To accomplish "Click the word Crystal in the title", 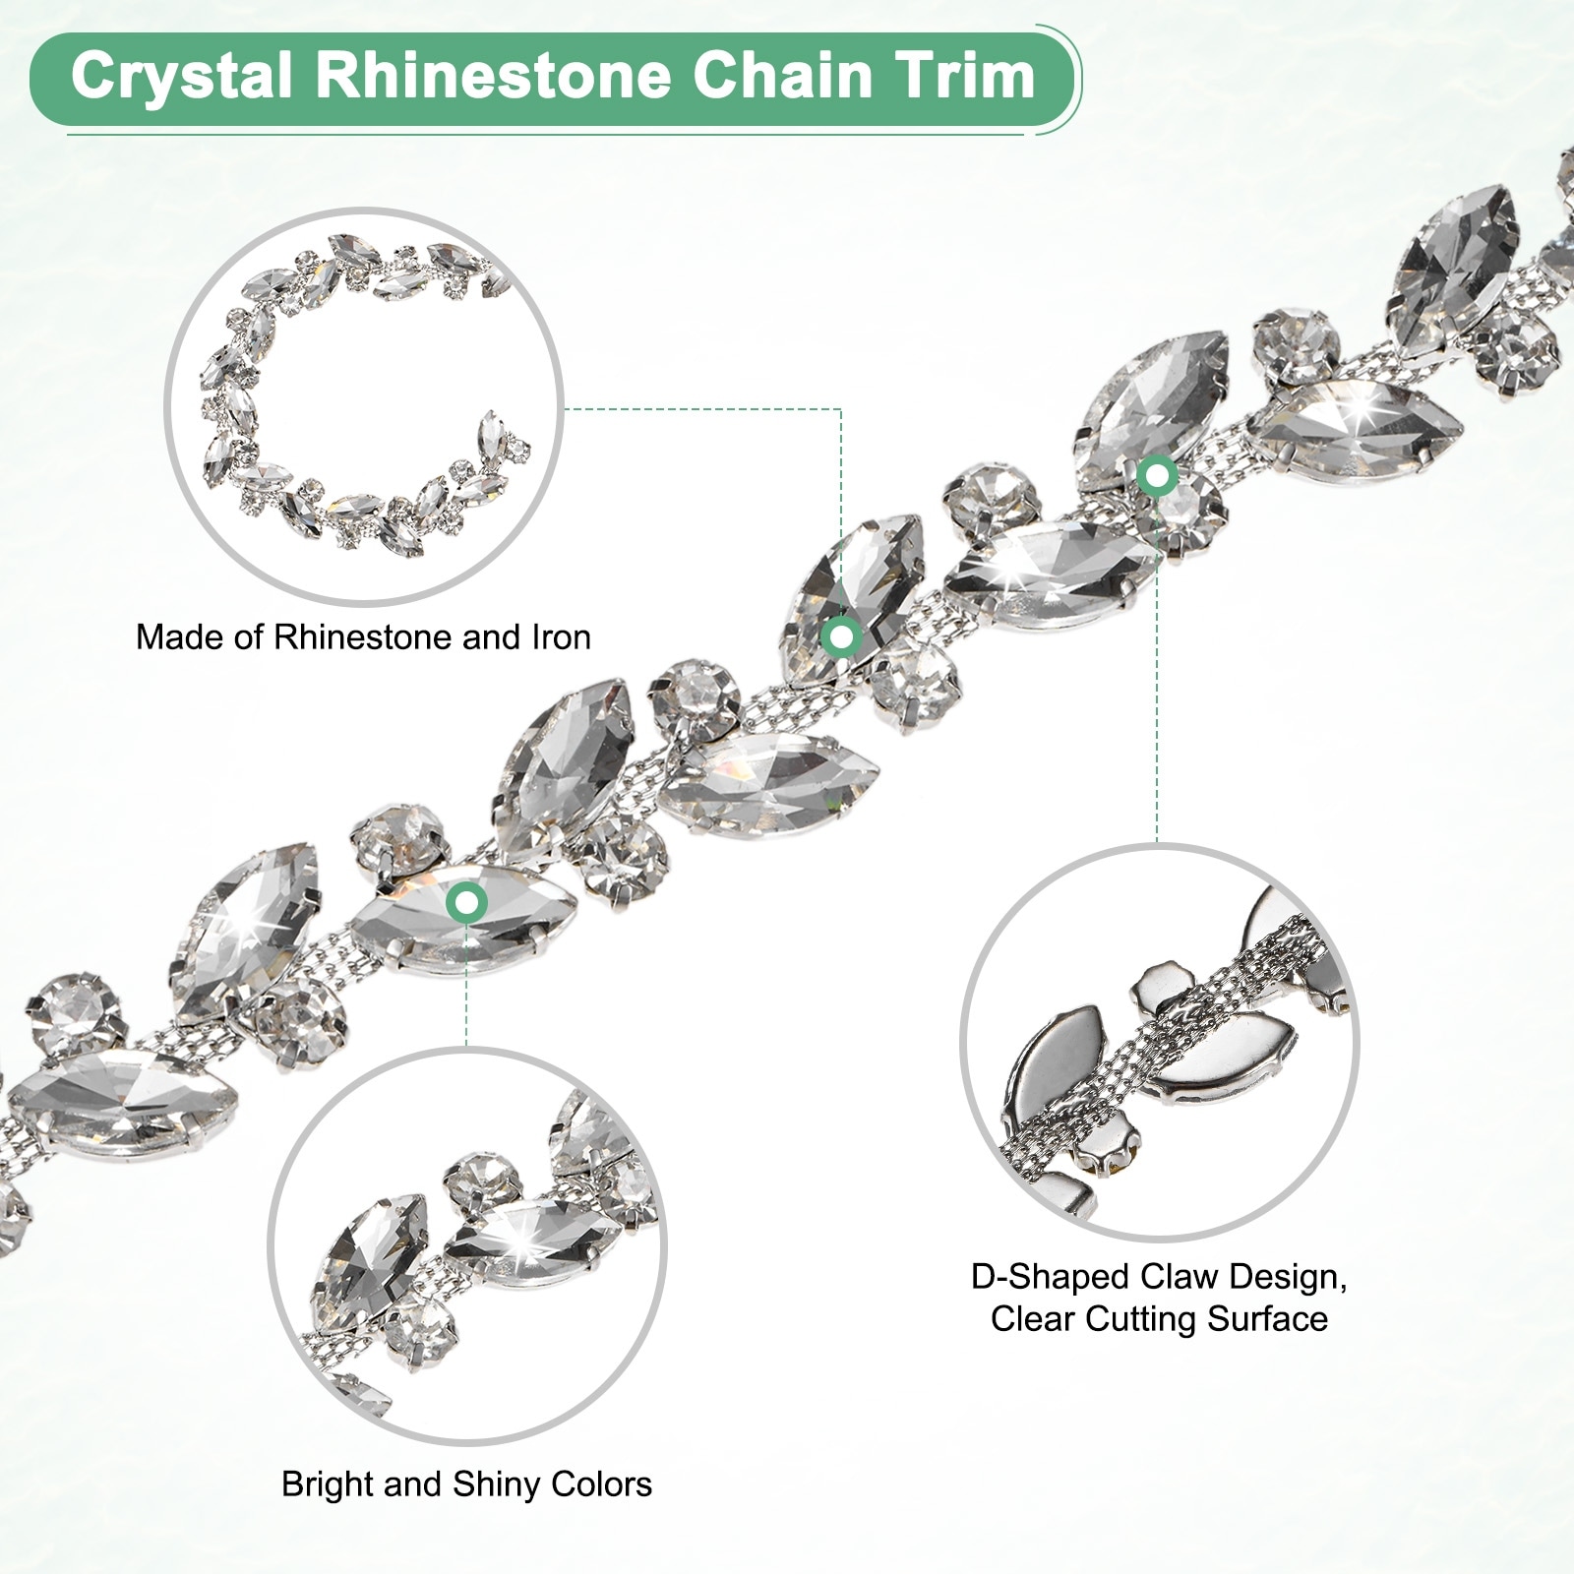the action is point(182,76).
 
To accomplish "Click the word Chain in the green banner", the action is point(775,76).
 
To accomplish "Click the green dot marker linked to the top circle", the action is point(841,636).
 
